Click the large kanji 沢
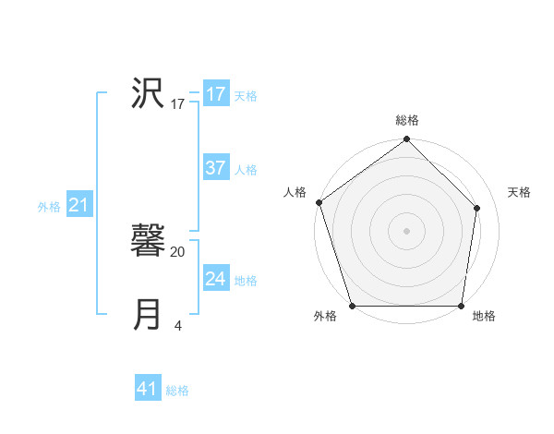(148, 93)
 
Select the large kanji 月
(148, 314)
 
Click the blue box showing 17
(215, 94)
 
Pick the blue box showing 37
(215, 168)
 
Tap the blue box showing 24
(215, 278)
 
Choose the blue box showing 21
(78, 205)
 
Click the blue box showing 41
(148, 389)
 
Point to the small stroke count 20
(178, 251)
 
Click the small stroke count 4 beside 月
(177, 325)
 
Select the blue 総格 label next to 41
(177, 391)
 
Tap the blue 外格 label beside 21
(49, 207)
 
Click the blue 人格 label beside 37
(246, 170)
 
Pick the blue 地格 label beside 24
(246, 280)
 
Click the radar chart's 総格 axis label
(407, 120)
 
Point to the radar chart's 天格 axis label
(519, 192)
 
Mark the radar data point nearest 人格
(319, 202)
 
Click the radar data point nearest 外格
(352, 306)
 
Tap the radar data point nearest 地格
(461, 306)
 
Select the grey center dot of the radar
(406, 230)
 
